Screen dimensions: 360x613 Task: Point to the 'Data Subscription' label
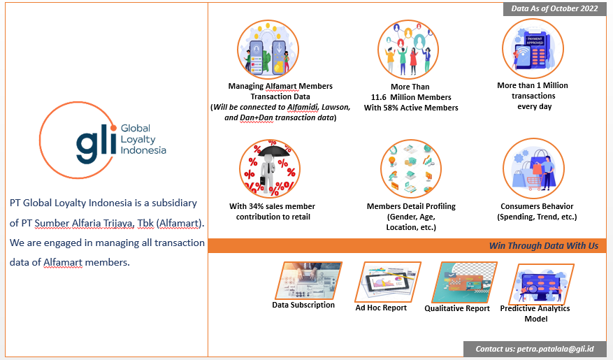pos(303,305)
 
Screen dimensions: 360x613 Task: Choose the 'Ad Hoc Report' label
pos(381,308)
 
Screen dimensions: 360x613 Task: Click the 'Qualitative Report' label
pos(457,308)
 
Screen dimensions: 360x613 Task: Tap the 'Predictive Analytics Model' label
pos(535,313)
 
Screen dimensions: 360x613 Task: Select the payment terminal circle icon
pos(533,49)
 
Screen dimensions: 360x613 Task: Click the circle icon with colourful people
pos(409,50)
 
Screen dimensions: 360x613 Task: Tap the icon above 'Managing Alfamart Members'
pos(268,50)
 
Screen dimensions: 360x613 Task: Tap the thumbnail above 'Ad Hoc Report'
pos(391,282)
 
